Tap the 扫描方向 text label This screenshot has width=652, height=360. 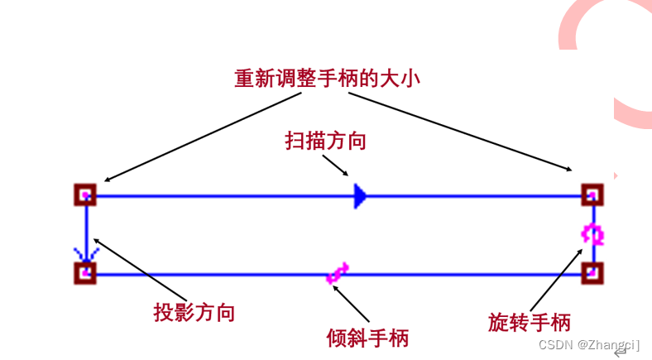[x=325, y=141]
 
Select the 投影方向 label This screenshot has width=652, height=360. [x=194, y=313]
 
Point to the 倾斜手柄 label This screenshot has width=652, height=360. [x=367, y=338]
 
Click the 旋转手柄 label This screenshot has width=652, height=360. [x=529, y=322]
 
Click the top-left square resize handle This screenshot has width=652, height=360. [x=85, y=194]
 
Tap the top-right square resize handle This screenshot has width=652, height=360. [x=591, y=194]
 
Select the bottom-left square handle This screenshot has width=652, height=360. [x=85, y=272]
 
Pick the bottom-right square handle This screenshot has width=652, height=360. [x=591, y=272]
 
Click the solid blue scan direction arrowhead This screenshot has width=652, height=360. [x=359, y=195]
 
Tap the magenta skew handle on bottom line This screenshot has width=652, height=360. [x=338, y=272]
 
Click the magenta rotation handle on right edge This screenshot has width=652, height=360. [x=592, y=234]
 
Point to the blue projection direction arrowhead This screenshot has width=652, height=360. [x=85, y=252]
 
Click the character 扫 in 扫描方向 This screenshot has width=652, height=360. [x=295, y=141]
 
